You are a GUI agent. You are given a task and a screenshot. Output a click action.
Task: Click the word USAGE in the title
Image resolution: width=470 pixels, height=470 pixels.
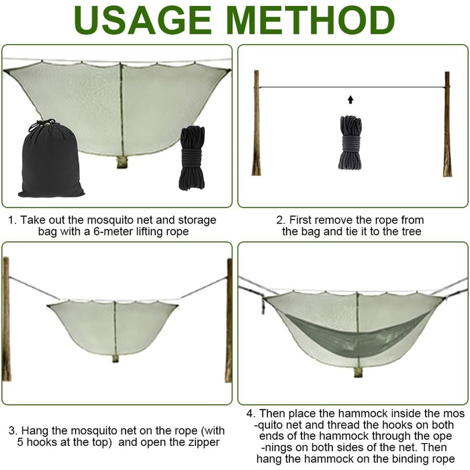(x=142, y=20)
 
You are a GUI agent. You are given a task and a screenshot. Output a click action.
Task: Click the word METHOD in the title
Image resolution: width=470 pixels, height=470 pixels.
(x=310, y=20)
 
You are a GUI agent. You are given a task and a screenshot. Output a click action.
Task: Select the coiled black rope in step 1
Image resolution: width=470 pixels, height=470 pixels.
(x=192, y=158)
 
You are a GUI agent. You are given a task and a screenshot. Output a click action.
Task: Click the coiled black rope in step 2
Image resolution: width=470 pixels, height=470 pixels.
(x=350, y=142)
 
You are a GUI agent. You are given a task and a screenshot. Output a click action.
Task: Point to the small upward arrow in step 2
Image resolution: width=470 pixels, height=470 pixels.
(x=350, y=100)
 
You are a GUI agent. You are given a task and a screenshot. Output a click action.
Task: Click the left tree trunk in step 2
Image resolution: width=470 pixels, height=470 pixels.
(x=256, y=123)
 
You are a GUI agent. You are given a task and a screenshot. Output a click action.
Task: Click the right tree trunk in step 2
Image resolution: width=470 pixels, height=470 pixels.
(x=447, y=124)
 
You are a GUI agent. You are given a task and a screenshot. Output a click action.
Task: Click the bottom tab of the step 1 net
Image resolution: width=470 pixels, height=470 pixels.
(x=122, y=162)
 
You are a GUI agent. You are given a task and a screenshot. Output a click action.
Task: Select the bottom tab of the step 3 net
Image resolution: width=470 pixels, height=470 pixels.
(x=115, y=359)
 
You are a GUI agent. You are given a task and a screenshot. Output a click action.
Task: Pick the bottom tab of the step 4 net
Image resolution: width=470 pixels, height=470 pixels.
(x=358, y=372)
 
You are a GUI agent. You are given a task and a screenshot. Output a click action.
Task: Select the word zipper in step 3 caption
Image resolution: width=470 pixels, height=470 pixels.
(x=203, y=442)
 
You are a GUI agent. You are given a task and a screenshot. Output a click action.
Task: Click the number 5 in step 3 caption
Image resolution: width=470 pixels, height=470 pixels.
(x=20, y=442)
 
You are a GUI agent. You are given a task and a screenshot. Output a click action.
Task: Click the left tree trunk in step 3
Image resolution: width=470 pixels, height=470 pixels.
(x=6, y=319)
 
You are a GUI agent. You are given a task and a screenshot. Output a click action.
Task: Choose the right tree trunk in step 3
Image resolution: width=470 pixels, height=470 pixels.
(x=229, y=321)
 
